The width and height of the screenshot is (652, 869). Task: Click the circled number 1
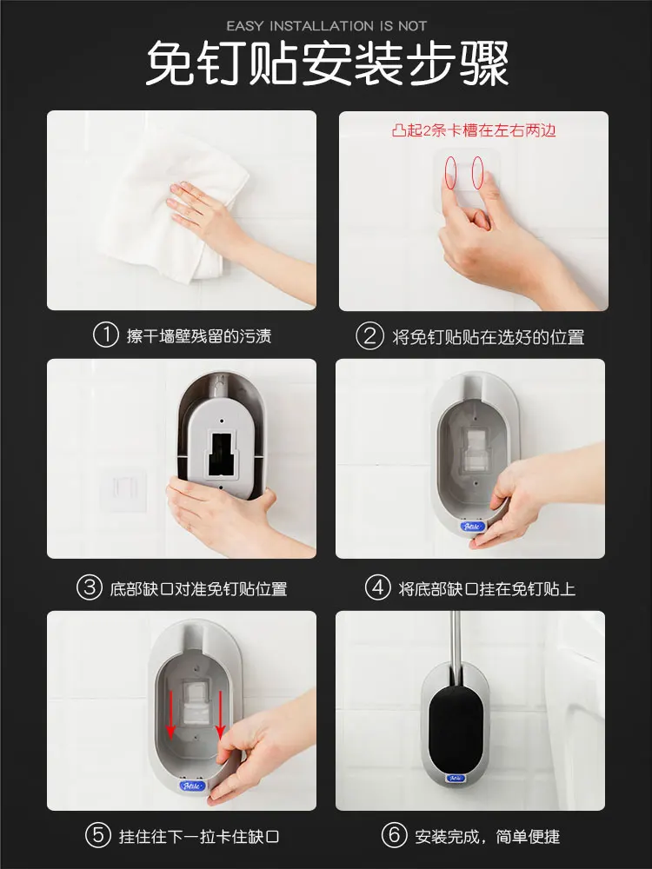105,335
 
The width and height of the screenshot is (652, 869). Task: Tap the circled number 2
369,335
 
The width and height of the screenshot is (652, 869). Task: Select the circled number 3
90,587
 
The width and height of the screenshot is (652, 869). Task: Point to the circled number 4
378,587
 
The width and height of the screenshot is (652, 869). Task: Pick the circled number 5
98,834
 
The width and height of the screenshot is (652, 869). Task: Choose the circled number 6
394,834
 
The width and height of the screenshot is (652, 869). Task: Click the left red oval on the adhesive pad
450,170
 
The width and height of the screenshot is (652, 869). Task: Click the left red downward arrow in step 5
170,715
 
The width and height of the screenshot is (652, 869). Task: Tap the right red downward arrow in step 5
220,715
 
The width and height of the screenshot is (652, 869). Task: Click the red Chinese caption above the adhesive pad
474,130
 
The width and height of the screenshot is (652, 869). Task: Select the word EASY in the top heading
246,26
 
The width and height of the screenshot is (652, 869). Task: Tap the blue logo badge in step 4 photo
472,526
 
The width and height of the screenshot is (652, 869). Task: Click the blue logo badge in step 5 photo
192,786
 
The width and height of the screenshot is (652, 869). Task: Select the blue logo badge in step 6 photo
456,778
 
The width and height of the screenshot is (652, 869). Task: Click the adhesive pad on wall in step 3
124,490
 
